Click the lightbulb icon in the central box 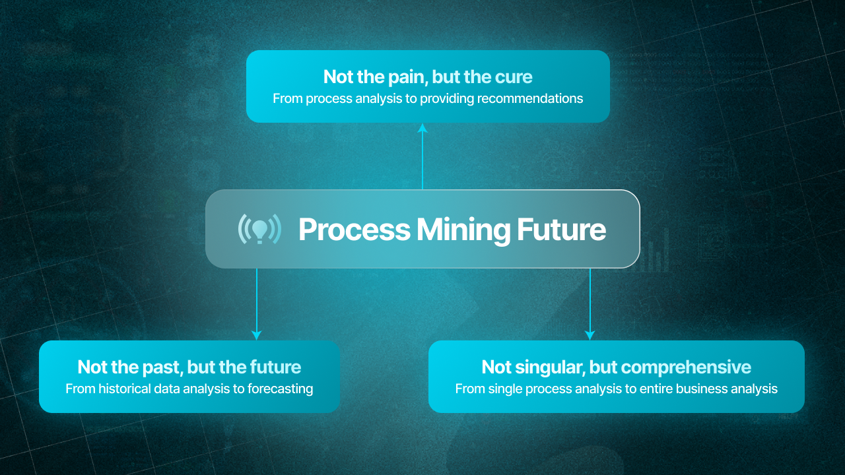[259, 228]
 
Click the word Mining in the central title [463, 230]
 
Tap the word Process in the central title [354, 230]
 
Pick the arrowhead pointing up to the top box [422, 129]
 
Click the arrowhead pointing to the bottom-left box [257, 334]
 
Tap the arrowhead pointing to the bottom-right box [590, 334]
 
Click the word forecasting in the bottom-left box [280, 389]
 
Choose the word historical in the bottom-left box [125, 389]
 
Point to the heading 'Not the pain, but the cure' [428, 77]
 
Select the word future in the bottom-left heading [275, 367]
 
